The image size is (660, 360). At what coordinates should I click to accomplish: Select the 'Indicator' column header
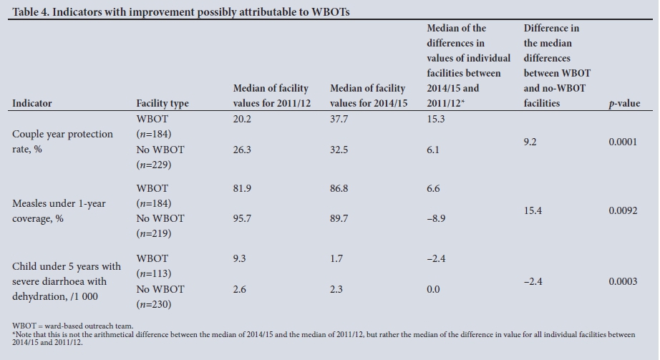(32, 103)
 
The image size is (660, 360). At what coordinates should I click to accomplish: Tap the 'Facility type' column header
(162, 103)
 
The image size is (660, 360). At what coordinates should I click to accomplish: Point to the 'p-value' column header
(624, 103)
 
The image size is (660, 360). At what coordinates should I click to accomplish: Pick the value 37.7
(339, 119)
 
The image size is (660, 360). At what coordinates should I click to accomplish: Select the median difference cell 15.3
(436, 119)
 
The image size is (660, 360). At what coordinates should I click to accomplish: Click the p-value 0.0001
(623, 142)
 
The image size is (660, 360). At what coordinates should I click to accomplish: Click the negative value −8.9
(437, 218)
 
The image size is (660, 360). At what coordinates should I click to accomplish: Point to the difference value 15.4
(533, 211)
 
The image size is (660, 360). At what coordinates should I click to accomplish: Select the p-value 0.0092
(623, 211)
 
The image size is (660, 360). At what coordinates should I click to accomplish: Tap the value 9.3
(239, 258)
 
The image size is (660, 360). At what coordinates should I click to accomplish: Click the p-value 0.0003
(623, 281)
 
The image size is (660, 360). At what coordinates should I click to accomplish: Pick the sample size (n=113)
(154, 273)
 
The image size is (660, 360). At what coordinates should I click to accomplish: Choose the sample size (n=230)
(154, 304)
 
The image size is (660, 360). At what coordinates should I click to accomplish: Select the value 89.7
(339, 218)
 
